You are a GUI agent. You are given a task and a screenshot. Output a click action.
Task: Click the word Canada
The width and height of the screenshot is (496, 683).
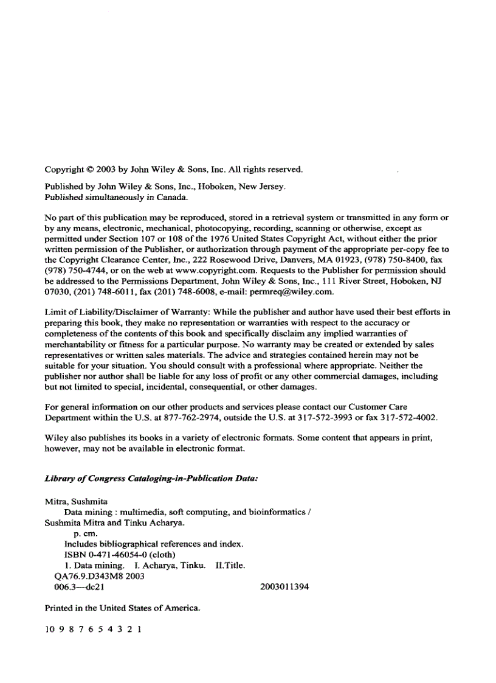coord(173,197)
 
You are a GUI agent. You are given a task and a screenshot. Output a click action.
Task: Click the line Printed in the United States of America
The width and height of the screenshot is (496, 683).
coord(122,608)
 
